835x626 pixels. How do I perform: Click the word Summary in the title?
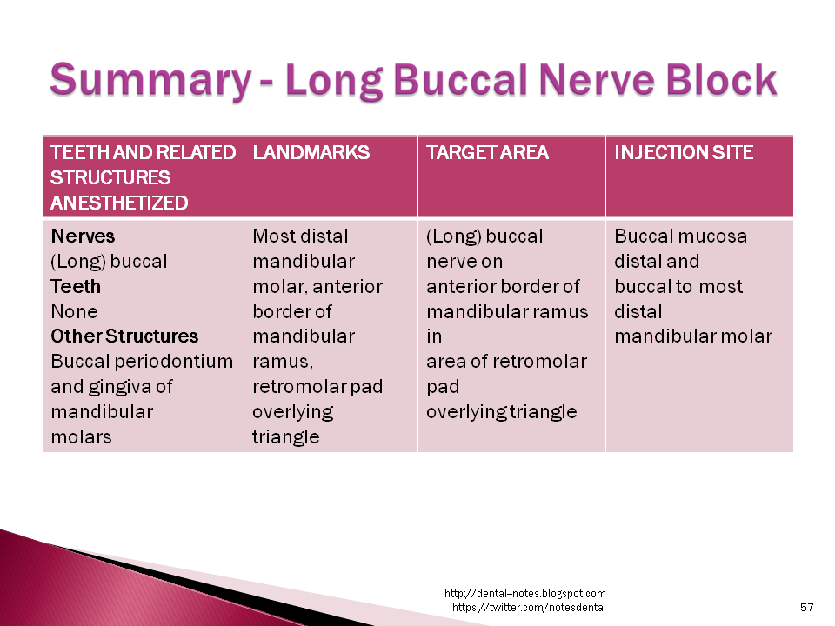click(x=149, y=80)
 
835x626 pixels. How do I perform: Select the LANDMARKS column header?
click(x=311, y=153)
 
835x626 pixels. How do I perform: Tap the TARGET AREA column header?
click(x=487, y=153)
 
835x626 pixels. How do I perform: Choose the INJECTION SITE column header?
click(x=684, y=153)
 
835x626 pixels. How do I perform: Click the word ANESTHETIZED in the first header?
click(x=119, y=203)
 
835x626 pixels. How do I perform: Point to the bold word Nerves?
click(x=83, y=236)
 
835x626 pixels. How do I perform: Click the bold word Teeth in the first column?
click(x=76, y=287)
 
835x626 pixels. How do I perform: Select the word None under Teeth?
click(x=74, y=312)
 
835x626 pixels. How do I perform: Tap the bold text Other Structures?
click(x=124, y=336)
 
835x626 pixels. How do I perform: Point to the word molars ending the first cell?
click(x=81, y=437)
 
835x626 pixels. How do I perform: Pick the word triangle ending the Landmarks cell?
click(x=285, y=437)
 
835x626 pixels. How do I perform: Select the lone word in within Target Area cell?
click(x=434, y=336)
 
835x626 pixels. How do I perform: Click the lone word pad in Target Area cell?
click(x=443, y=387)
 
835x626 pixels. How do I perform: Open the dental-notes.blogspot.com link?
click(x=524, y=594)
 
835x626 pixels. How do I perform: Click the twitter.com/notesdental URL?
click(x=529, y=607)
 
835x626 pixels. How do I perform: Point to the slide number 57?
click(x=806, y=607)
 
